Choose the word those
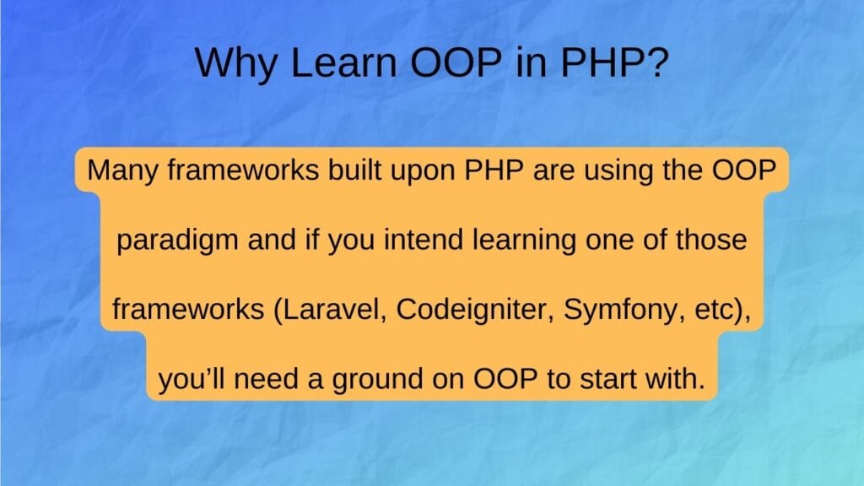[x=709, y=240]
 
